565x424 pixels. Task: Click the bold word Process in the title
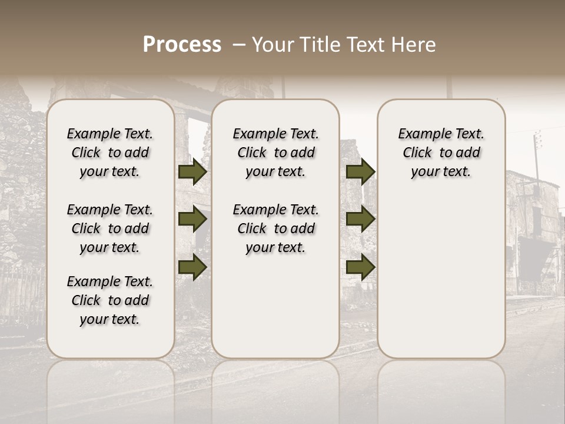[x=182, y=45]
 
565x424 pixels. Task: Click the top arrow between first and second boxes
[x=192, y=172]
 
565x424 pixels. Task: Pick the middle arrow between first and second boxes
[x=192, y=220]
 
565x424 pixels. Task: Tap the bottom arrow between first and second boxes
[x=192, y=267]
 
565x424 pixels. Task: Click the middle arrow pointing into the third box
[x=361, y=220]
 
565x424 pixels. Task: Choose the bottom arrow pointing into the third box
[x=361, y=267]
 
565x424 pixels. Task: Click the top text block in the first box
[x=110, y=153]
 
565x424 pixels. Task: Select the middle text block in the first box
[x=110, y=228]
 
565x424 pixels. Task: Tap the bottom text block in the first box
[x=110, y=300]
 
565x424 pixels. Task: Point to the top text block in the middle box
[x=275, y=153]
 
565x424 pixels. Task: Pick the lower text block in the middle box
[x=275, y=228]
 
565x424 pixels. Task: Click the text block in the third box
[x=441, y=153]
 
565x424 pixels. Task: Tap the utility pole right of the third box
[x=537, y=159]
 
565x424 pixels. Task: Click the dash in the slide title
[x=239, y=45]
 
